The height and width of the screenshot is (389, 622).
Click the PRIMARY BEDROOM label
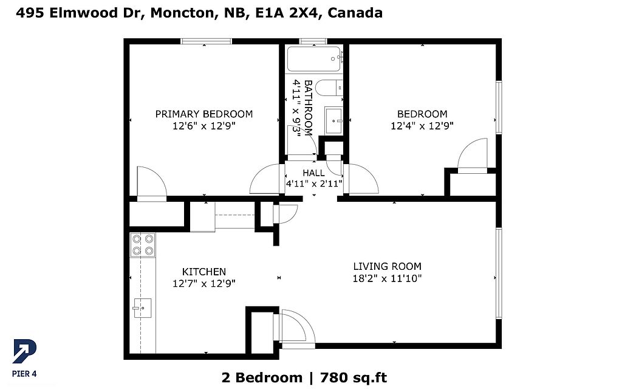point(204,114)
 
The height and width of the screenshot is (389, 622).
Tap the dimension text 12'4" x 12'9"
point(422,126)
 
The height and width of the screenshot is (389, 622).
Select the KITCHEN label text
point(204,272)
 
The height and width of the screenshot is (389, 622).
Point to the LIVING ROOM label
point(387,266)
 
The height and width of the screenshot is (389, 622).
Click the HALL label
point(314,173)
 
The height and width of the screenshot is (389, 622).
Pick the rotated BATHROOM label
point(308,108)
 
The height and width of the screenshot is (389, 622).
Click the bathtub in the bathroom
point(314,60)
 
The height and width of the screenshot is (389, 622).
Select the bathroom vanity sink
point(333,121)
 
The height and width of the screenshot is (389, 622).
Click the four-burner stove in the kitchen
point(143,245)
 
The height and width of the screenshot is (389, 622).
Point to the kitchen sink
point(142,308)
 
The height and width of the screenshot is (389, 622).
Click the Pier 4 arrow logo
point(24,351)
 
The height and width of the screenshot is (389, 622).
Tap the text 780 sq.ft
point(354,377)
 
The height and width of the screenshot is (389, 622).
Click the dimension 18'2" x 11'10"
point(387,278)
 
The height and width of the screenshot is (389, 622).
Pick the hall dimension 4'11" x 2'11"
point(314,184)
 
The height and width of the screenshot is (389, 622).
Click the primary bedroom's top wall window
point(207,41)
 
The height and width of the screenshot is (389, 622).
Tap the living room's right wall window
point(499,273)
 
